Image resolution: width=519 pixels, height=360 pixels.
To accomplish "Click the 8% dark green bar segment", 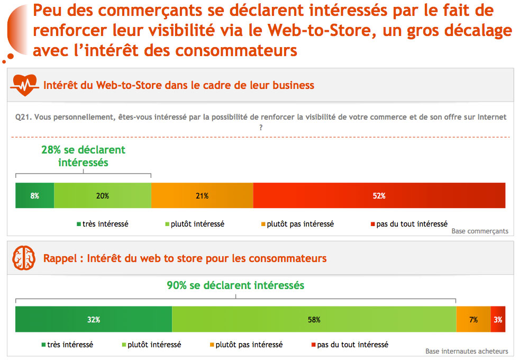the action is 35,195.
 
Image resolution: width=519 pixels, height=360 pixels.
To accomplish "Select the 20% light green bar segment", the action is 103,195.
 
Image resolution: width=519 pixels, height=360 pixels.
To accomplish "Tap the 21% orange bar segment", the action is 202,195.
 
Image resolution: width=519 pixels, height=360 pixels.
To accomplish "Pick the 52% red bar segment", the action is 379,195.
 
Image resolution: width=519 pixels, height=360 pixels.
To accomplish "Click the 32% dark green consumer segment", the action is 94,319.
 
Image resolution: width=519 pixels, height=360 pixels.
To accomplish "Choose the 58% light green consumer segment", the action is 314,319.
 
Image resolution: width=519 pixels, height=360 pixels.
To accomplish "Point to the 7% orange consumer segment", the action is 474,319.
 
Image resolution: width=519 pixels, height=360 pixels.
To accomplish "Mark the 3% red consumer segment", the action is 498,319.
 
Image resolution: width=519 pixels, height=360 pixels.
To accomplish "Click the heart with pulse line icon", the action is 24,85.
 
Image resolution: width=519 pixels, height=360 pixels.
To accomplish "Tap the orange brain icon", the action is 24,258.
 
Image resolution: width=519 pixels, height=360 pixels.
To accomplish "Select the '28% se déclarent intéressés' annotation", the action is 84,156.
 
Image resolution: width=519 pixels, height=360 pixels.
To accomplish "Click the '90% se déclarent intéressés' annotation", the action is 235,285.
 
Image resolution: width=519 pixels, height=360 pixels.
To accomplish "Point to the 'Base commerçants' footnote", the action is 480,231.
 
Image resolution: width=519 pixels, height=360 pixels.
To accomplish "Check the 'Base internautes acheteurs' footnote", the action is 467,351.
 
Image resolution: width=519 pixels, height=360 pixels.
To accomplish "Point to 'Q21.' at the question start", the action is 23,117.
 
